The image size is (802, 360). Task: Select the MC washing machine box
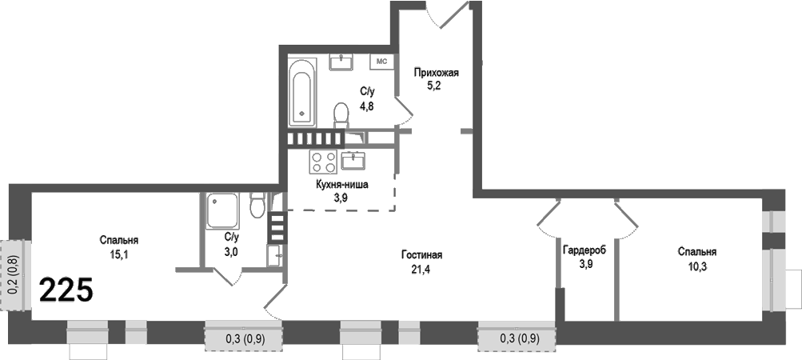[381, 62]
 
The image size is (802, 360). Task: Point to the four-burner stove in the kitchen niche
[323, 162]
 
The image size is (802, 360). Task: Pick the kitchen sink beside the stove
[353, 161]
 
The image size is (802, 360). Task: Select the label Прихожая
[436, 73]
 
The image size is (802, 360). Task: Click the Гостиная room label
[421, 255]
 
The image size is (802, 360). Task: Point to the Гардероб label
[585, 250]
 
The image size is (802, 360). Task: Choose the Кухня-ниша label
[341, 184]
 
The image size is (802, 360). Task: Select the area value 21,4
[421, 269]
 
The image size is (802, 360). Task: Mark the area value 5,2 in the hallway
[436, 86]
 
